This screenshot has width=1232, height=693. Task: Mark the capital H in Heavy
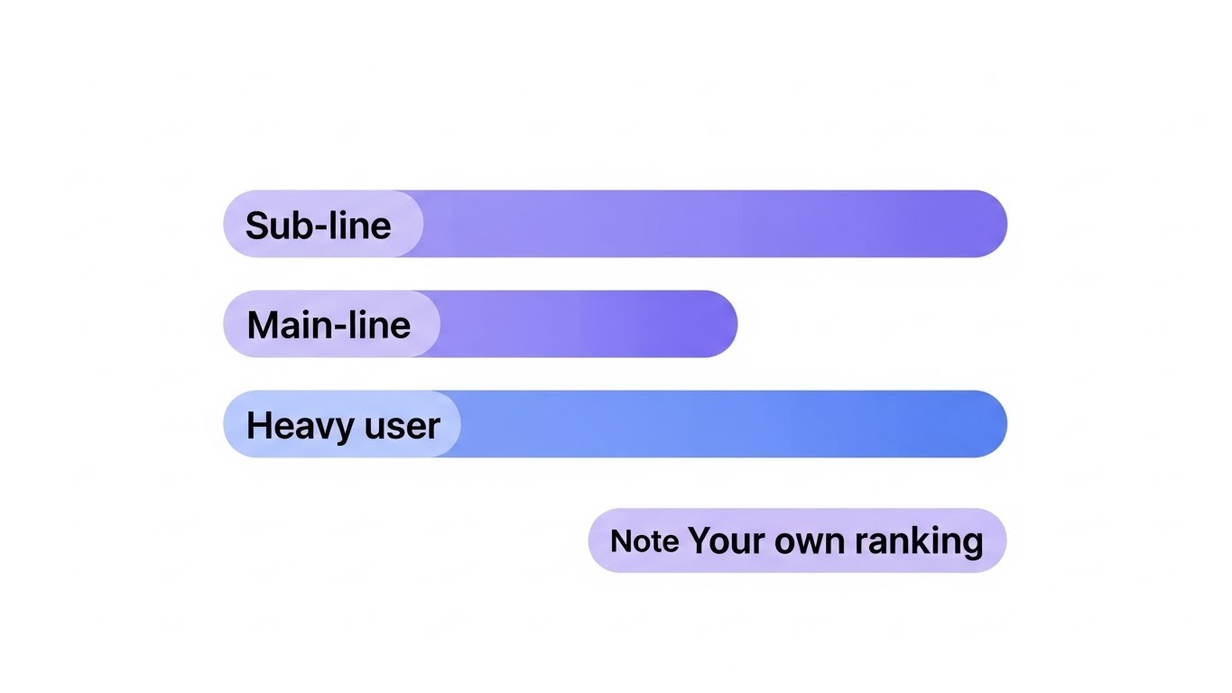coord(257,425)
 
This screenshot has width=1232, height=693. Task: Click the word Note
coord(644,541)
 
